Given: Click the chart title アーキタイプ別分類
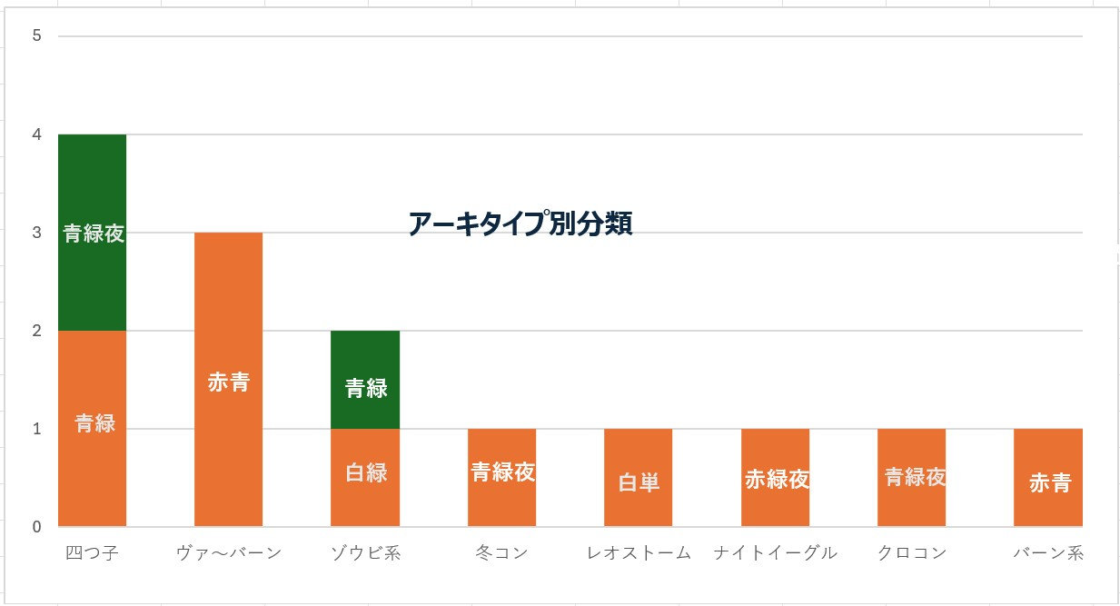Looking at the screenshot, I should coord(520,224).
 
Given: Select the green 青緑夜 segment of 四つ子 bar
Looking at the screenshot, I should coord(93,233).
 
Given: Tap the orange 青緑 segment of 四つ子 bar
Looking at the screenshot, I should coord(93,428).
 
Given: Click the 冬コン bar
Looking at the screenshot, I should coord(501,477).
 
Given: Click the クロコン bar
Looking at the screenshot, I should coord(911,478).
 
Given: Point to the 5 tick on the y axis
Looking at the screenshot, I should coord(37,36).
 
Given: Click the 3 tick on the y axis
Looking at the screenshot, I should coord(37,233).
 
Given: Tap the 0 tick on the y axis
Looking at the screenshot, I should coord(37,527).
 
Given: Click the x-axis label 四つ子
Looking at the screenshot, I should coord(93,552).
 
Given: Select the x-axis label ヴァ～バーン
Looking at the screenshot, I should coord(229,552).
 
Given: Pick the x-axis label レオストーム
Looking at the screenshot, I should coord(638,552).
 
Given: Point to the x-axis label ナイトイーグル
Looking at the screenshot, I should coord(775,552).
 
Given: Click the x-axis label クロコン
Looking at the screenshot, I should coord(911,552).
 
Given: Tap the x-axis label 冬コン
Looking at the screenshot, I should coord(501,552).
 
